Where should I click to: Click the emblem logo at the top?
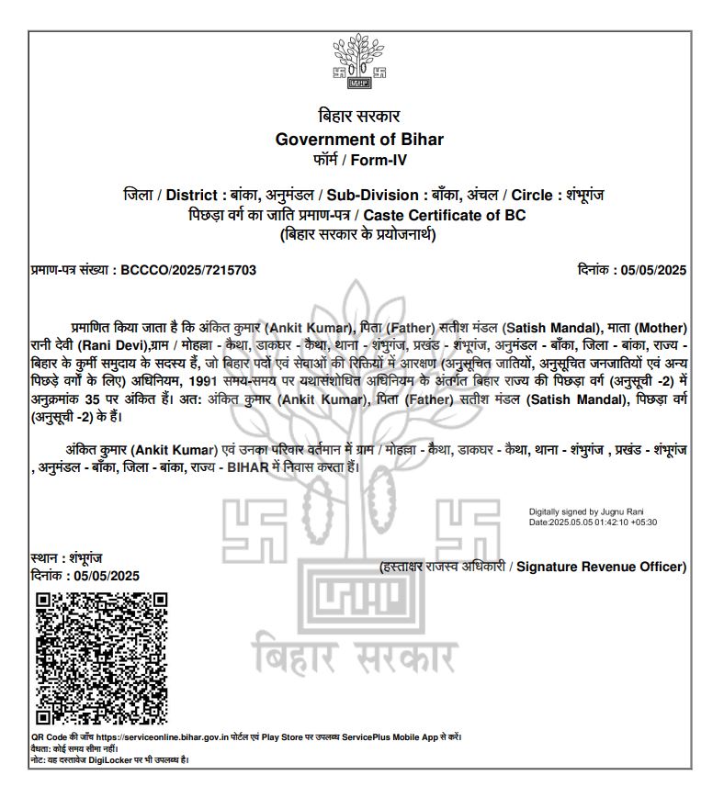[x=359, y=62]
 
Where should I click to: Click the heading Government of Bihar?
[x=359, y=140]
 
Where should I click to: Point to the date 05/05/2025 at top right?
[x=653, y=270]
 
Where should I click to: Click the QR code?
[x=101, y=658]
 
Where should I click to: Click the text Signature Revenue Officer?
[x=601, y=567]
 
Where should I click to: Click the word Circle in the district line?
[x=530, y=196]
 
